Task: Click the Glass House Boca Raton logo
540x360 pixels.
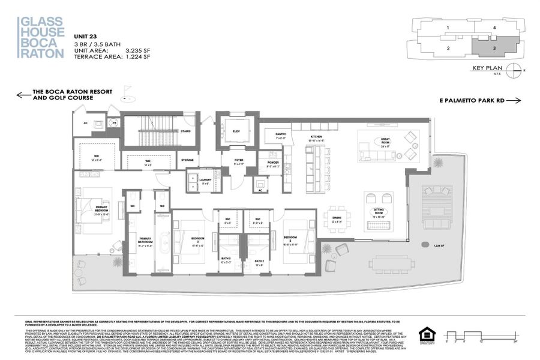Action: pyautogui.click(x=41, y=37)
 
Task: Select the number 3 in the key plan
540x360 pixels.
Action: pyautogui.click(x=494, y=47)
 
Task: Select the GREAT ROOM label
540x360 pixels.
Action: pyautogui.click(x=385, y=142)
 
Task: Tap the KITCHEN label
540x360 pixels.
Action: pyautogui.click(x=317, y=137)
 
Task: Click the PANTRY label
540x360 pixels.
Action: pyautogui.click(x=280, y=134)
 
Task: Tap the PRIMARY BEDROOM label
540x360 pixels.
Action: pyautogui.click(x=101, y=209)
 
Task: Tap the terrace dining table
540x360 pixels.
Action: pyautogui.click(x=391, y=263)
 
